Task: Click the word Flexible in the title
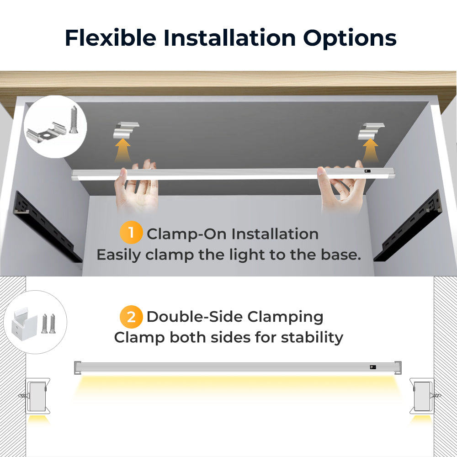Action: (x=110, y=37)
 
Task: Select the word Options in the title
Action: (x=350, y=37)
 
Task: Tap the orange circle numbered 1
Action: (x=131, y=233)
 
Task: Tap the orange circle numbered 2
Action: (x=131, y=316)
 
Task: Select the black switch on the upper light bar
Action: (x=366, y=172)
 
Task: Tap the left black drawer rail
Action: (x=46, y=226)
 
